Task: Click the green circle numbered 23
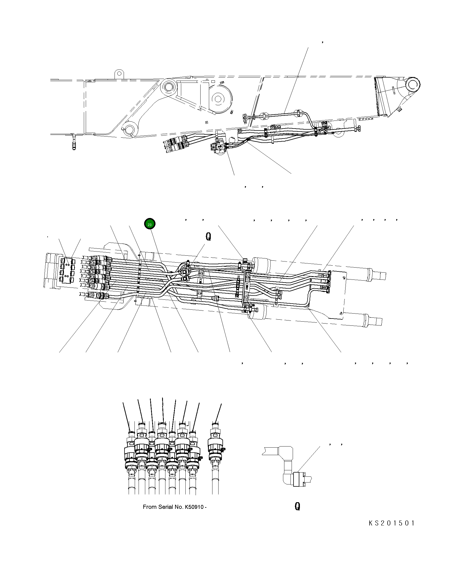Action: tap(150, 224)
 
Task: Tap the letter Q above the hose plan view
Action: tap(208, 237)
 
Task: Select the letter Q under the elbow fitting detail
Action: tap(297, 506)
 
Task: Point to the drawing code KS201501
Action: tap(392, 523)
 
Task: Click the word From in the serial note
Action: tap(150, 507)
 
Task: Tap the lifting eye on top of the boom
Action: tap(119, 74)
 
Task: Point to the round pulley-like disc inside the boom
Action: tap(218, 99)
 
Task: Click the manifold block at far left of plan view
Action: tap(68, 270)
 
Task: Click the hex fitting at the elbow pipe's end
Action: tap(299, 479)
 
